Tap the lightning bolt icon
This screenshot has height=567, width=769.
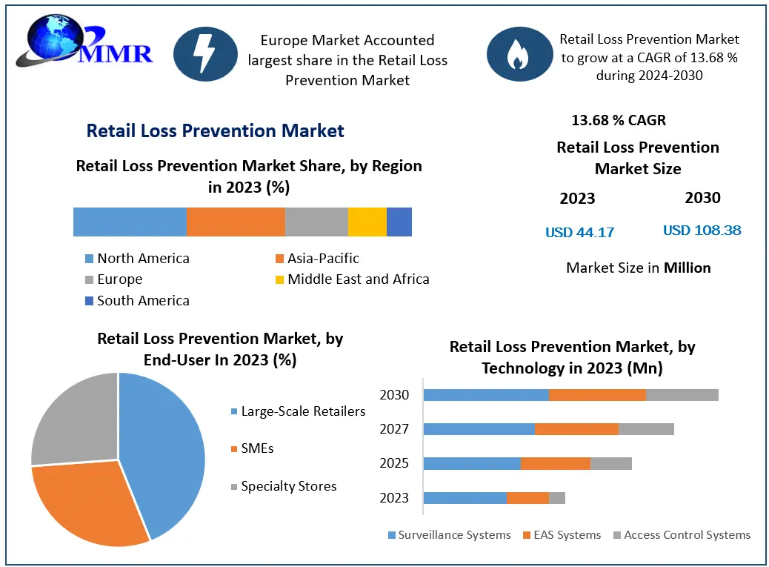pos(205,53)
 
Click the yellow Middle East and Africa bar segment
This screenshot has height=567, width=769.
pos(367,222)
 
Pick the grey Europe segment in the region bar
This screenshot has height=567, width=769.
pos(316,222)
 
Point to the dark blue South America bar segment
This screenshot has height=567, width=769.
pos(399,222)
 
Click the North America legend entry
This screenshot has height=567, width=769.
pos(136,259)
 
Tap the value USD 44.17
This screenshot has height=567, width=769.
pos(579,232)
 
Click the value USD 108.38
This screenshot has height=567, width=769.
pos(702,231)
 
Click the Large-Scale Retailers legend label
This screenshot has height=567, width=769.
pos(303,411)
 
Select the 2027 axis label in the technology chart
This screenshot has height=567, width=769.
pos(394,429)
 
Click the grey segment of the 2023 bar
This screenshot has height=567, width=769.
pos(557,498)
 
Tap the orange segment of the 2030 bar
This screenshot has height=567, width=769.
pos(597,395)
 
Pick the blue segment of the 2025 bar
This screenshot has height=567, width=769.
pos(472,463)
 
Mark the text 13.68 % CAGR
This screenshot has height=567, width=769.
pos(619,120)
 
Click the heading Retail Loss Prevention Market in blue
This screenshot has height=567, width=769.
pos(215,131)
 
